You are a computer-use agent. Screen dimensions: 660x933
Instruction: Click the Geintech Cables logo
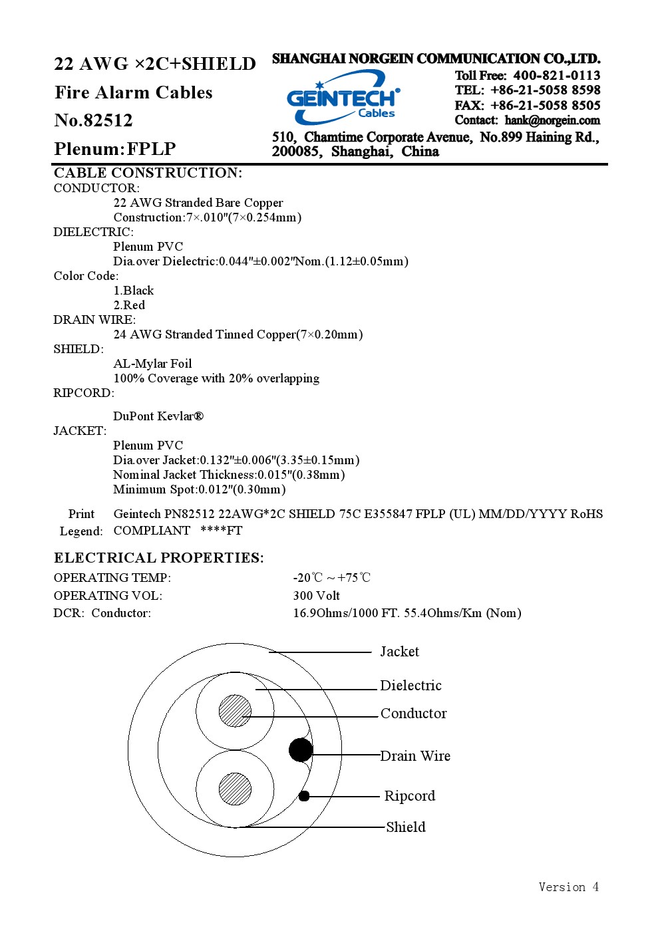point(343,98)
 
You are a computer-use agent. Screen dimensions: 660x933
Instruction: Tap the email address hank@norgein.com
point(552,120)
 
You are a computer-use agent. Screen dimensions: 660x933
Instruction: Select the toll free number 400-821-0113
point(557,75)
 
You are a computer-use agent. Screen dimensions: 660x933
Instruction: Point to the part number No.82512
point(93,120)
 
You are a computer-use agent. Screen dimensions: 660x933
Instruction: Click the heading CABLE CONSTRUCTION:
point(148,173)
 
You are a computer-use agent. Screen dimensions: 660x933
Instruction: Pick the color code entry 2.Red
point(129,305)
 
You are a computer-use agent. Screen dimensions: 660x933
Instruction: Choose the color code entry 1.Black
point(133,291)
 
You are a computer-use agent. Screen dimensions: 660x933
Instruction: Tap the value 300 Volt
point(316,596)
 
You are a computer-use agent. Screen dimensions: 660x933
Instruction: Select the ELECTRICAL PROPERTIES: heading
point(159,558)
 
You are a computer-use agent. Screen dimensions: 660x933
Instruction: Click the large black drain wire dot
point(301,750)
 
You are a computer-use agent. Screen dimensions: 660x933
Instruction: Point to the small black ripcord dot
point(304,796)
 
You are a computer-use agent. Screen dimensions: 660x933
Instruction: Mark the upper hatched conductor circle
point(235,711)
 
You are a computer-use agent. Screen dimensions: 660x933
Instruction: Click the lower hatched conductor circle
point(235,789)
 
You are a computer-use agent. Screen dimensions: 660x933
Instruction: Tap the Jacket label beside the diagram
point(400,652)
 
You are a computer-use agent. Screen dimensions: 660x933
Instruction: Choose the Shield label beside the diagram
point(406,827)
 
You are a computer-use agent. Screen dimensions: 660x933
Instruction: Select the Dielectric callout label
point(411,686)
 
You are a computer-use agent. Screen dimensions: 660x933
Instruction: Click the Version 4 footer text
point(569,887)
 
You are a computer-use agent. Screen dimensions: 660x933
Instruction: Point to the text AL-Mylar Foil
point(152,364)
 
